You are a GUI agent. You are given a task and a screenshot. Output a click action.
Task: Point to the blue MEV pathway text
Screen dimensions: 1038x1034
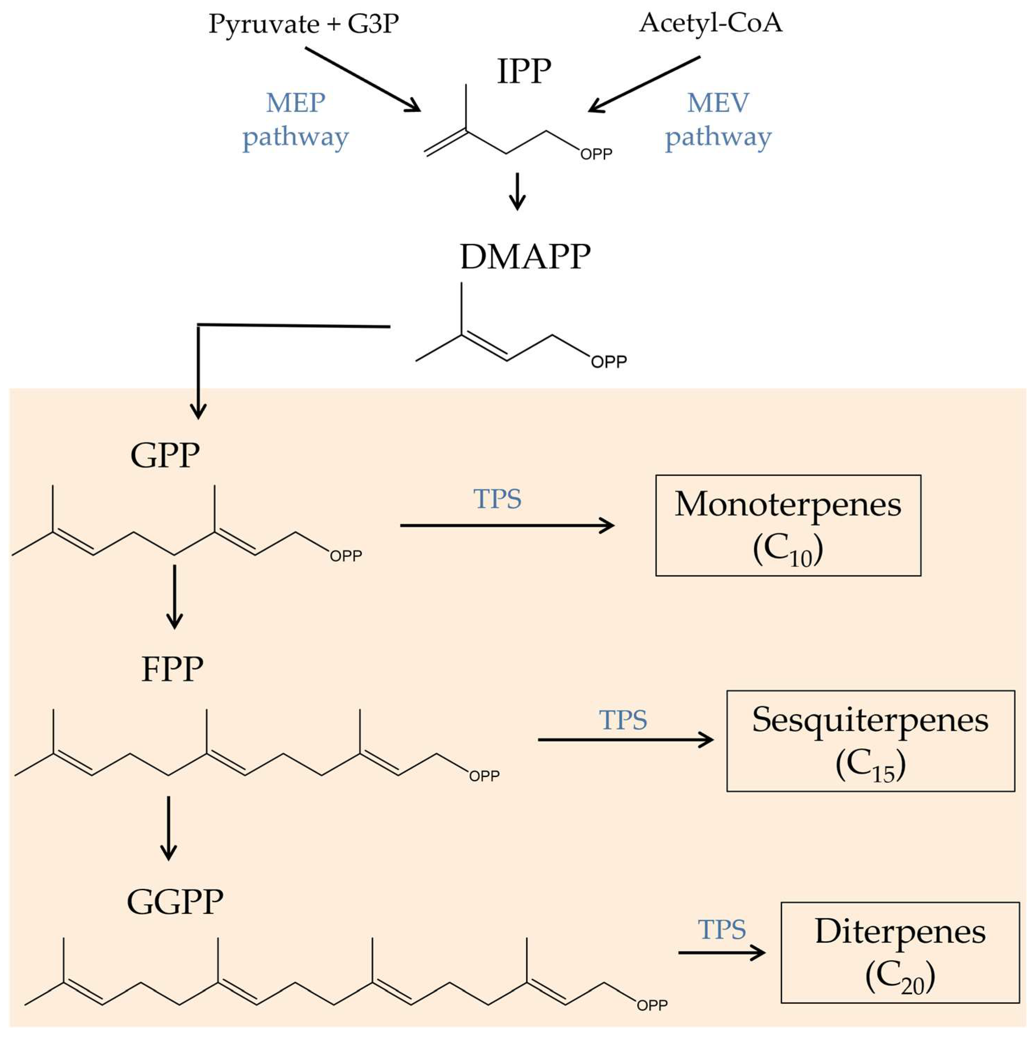718,120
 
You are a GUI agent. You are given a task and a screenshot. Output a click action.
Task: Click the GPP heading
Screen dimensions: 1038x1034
165,455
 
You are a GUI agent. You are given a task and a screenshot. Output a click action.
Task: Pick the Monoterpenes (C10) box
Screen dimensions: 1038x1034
788,525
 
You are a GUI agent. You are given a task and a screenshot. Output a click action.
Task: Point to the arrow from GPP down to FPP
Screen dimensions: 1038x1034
174,597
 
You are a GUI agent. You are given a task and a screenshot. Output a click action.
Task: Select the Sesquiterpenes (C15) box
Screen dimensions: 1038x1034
870,741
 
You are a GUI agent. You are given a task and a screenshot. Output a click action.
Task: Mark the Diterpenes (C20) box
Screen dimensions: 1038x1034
899,952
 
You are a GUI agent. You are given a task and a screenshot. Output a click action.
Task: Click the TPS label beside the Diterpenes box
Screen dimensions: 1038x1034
721,929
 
